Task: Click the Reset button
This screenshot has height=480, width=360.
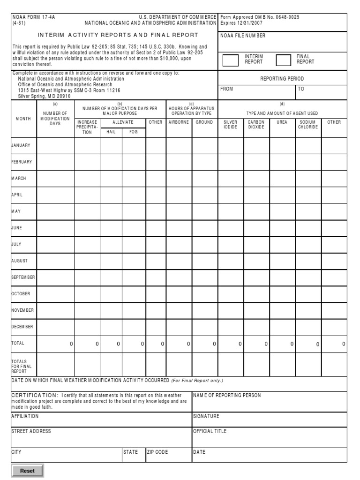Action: pyautogui.click(x=27, y=471)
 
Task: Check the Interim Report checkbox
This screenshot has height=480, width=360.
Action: pyautogui.click(x=230, y=60)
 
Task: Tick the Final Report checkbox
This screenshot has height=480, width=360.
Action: pyautogui.click(x=284, y=60)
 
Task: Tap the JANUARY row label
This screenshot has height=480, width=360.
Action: pyautogui.click(x=21, y=145)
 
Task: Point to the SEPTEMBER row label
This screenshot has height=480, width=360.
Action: pyautogui.click(x=23, y=277)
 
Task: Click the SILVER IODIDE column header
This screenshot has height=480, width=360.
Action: pyautogui.click(x=231, y=125)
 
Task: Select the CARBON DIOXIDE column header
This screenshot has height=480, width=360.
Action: pyautogui.click(x=256, y=125)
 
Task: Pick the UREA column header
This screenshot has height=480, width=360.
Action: pyautogui.click(x=282, y=122)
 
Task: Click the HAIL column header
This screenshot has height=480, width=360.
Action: pyautogui.click(x=111, y=132)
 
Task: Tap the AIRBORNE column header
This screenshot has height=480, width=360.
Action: pyautogui.click(x=179, y=122)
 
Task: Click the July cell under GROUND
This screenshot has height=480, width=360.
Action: pyautogui.click(x=205, y=244)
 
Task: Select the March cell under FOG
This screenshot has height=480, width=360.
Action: pyautogui.click(x=134, y=179)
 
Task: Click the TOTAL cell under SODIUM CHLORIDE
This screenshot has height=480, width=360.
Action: pyautogui.click(x=308, y=344)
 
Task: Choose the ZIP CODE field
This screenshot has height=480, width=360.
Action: pyautogui.click(x=168, y=455)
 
